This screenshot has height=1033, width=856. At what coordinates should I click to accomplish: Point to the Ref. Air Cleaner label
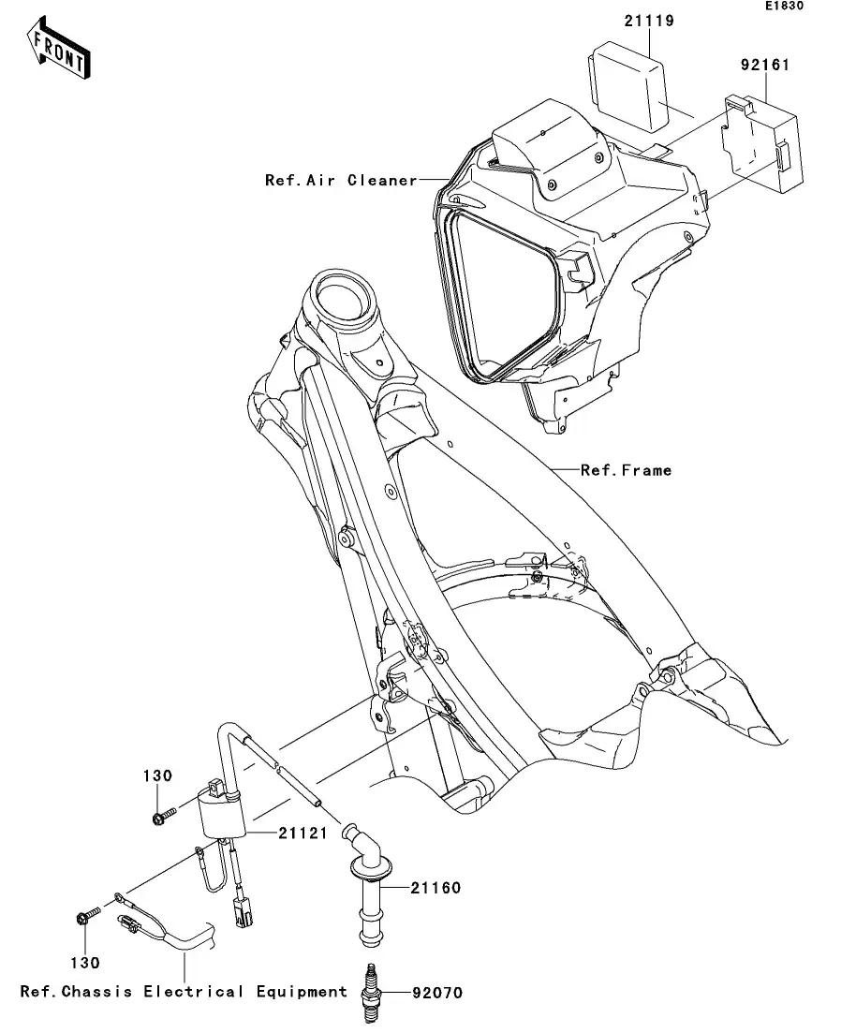point(341,180)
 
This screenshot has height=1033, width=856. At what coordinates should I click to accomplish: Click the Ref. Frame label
point(626,470)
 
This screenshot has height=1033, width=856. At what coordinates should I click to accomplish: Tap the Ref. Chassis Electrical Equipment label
point(184,991)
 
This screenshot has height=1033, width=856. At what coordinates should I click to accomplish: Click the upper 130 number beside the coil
point(158,775)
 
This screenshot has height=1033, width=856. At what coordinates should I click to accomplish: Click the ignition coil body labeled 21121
point(223,812)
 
